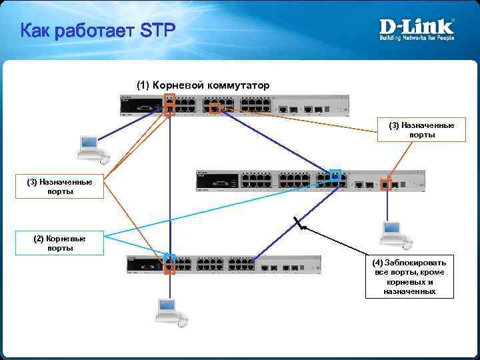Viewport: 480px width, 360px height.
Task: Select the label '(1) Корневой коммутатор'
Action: [203, 85]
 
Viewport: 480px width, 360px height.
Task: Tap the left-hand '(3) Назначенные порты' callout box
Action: [59, 186]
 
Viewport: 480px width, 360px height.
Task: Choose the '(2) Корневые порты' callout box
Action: [59, 243]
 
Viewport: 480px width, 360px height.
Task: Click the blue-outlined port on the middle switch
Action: [335, 175]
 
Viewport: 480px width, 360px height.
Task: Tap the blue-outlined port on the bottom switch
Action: [169, 259]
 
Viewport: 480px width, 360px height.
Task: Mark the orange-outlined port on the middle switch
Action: [385, 185]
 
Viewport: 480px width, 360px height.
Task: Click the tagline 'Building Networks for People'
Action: [417, 38]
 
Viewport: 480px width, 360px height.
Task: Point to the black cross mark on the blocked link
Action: [299, 225]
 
